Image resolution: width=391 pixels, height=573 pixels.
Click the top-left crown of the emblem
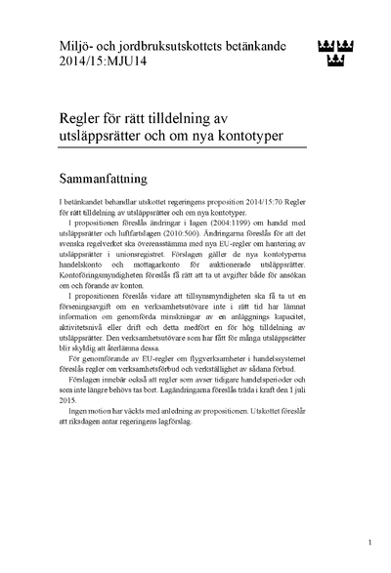pos(326,45)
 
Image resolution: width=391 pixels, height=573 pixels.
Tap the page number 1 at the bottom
pos(369,539)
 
